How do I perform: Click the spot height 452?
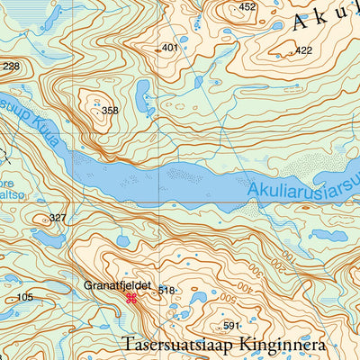[x=247, y=7]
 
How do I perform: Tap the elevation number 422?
[x=303, y=50]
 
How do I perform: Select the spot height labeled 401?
[x=169, y=48]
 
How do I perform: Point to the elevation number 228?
[x=11, y=67]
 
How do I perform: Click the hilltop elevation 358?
[x=110, y=111]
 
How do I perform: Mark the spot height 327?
[x=58, y=218]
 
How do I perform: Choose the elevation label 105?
[x=24, y=297]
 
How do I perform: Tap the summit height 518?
[x=166, y=291]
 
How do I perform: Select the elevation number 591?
[x=232, y=326]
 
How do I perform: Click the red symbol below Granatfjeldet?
[x=131, y=298]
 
